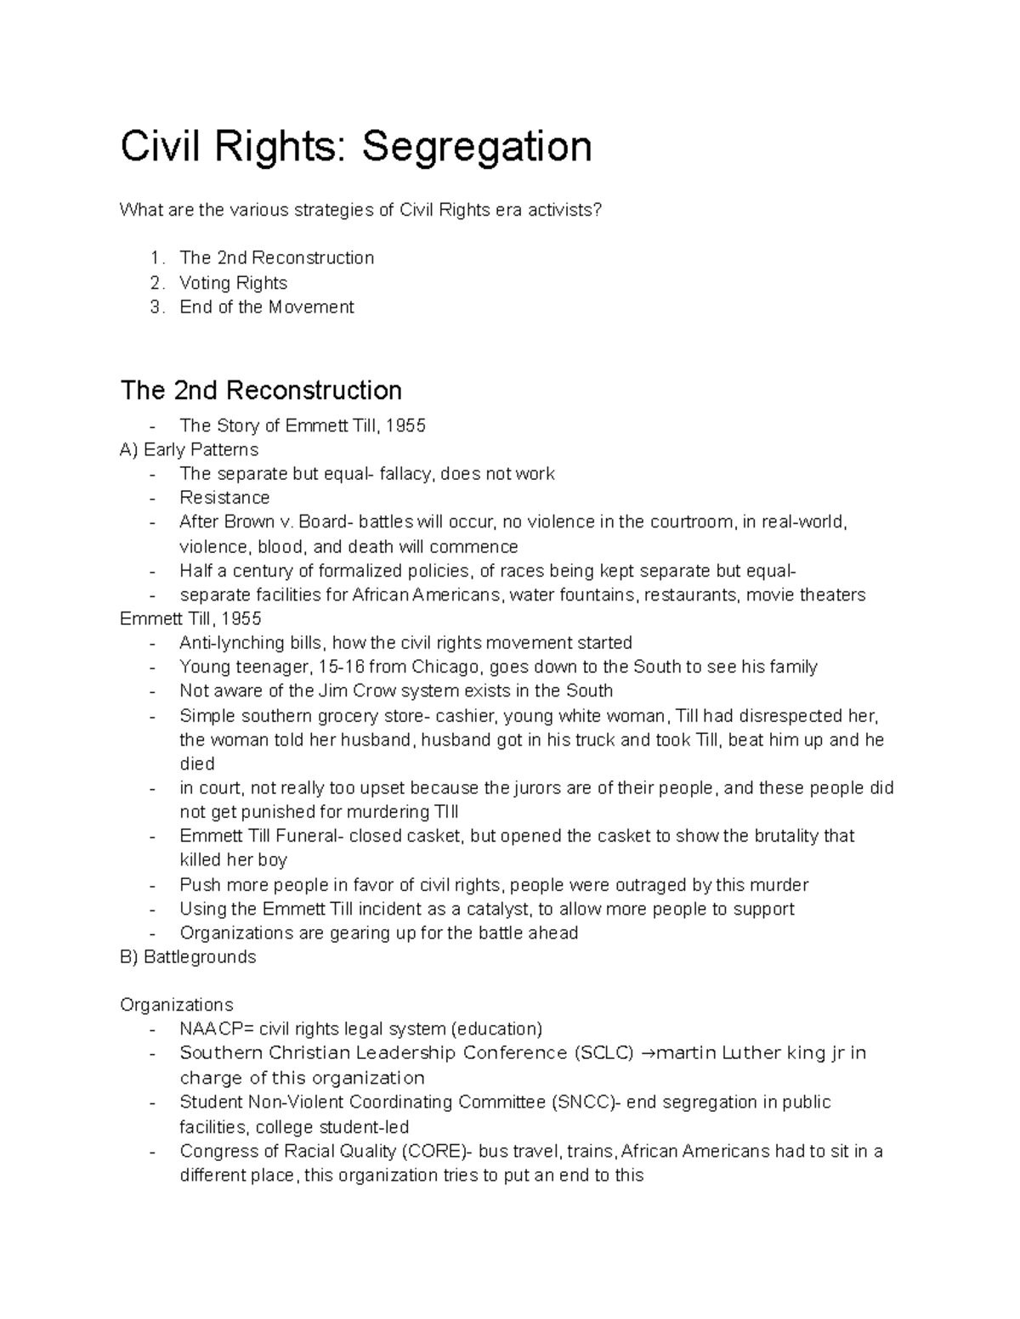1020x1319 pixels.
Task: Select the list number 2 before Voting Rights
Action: [x=155, y=283]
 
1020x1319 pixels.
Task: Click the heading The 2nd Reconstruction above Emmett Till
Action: [x=261, y=390]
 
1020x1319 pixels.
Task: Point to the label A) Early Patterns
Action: [x=189, y=449]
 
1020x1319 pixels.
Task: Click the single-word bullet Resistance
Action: [x=224, y=498]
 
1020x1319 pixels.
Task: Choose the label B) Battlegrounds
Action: [x=188, y=957]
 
